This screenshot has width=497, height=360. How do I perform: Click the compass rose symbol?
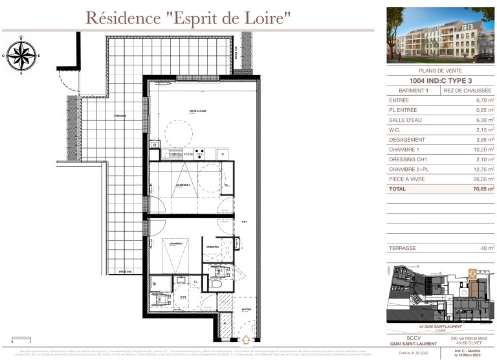pos(21,56)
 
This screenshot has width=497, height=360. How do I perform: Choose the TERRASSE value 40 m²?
pos(486,248)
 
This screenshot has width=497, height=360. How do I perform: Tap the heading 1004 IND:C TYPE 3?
pos(441,81)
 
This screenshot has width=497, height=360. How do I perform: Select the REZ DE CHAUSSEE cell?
pos(467,91)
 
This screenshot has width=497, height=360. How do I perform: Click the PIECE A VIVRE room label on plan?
pos(197,111)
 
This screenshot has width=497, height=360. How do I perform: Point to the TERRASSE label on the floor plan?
pos(120,116)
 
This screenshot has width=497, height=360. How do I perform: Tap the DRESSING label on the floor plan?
pos(213,247)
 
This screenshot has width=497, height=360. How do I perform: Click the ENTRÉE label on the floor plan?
pos(246,310)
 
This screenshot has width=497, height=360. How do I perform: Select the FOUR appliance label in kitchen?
pos(189,154)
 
